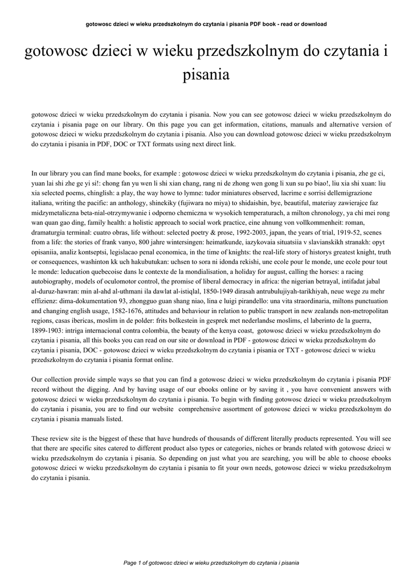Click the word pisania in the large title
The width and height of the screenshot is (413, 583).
coord(206,74)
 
